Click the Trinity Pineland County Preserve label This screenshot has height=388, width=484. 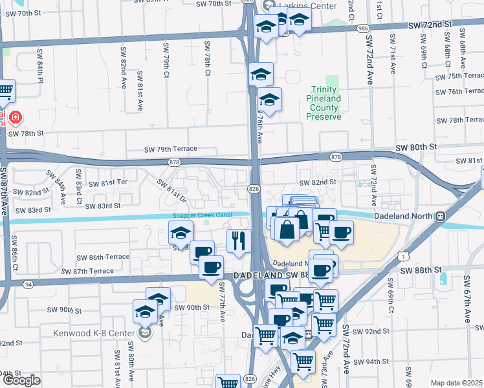(323, 103)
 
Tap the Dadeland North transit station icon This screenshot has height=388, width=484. (440, 215)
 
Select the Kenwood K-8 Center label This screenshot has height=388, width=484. (98, 334)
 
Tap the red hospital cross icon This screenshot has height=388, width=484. (15, 118)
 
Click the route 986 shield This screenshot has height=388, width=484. (362, 28)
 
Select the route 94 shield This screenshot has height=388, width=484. (28, 284)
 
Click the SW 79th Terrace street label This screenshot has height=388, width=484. (170, 149)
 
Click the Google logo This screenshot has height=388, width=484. (21, 380)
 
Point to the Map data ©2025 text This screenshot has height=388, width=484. (457, 383)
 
